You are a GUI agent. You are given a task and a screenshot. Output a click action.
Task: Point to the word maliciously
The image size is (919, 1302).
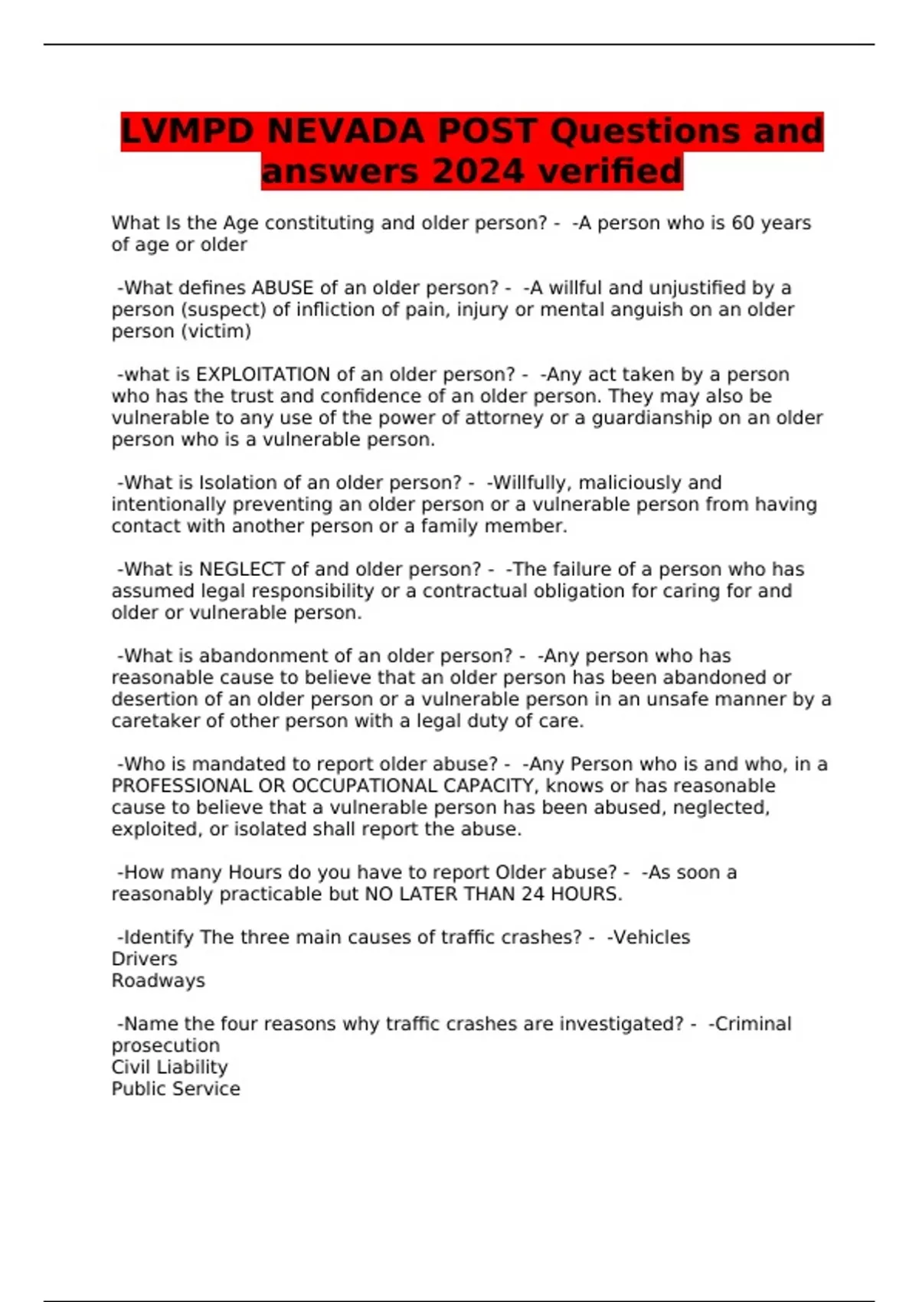coord(630,483)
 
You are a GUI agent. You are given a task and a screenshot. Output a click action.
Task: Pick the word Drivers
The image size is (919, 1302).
coord(144,959)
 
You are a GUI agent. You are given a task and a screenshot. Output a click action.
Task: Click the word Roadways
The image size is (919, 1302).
coord(158,980)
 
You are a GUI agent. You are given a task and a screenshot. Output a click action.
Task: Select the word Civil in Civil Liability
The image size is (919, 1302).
coord(129,1067)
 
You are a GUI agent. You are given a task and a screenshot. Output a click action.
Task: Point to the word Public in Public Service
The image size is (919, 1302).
coord(136,1088)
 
